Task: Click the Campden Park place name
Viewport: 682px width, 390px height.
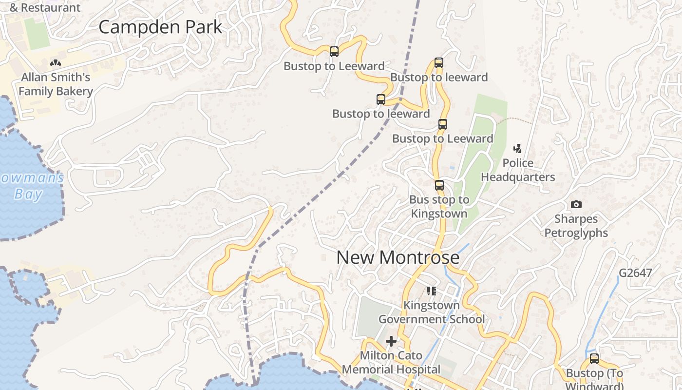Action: (160, 27)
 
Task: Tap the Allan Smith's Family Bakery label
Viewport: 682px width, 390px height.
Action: (56, 84)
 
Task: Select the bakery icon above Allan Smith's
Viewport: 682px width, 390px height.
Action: (56, 63)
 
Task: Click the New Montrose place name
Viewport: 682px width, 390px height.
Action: (398, 257)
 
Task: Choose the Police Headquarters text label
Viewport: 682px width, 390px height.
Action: (518, 170)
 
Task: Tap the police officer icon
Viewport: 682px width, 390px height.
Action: (518, 148)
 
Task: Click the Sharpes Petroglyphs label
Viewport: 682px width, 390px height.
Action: (576, 226)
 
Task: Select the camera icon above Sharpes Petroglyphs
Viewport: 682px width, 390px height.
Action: (576, 204)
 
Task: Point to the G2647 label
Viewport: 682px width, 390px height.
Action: (635, 273)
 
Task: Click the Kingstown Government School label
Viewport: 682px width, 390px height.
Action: (432, 312)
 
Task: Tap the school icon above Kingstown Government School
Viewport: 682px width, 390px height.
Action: (431, 291)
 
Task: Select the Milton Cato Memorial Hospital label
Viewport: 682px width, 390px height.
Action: (391, 362)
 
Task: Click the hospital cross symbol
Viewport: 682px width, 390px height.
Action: (391, 341)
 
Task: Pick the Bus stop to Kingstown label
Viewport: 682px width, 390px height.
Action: (439, 206)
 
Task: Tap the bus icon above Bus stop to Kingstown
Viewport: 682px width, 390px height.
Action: (439, 185)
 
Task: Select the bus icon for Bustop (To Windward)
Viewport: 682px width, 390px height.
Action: (594, 359)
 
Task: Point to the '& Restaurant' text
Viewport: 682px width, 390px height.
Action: (45, 7)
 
